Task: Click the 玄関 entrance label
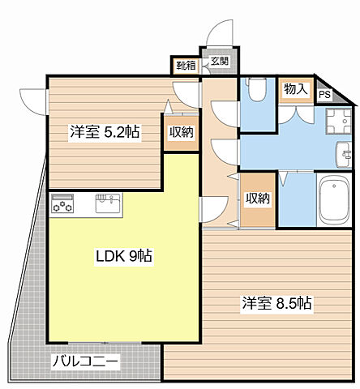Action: (219, 62)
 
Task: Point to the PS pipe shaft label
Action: (324, 95)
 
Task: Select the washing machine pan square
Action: (336, 123)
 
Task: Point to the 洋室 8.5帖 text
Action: (276, 304)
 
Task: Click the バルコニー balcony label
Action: (84, 361)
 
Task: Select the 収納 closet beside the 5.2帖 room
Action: (181, 133)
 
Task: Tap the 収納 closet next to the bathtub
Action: (258, 199)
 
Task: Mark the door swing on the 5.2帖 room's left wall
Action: (33, 100)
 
